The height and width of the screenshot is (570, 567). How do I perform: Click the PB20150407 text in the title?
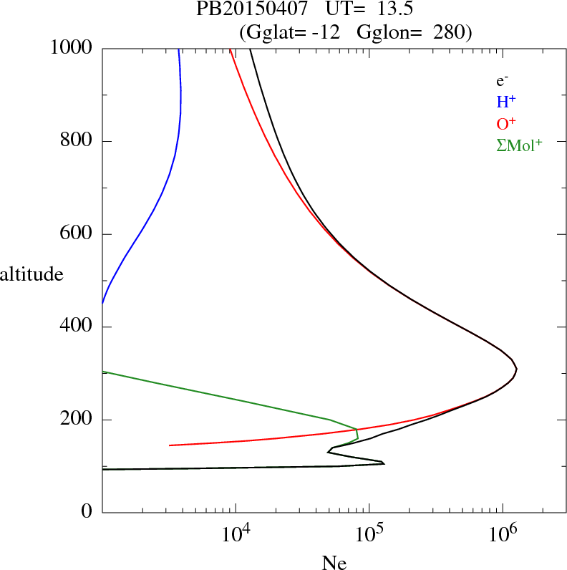(x=240, y=10)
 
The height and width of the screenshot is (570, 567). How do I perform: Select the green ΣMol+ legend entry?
(x=519, y=144)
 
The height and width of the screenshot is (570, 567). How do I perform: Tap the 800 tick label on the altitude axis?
(x=77, y=141)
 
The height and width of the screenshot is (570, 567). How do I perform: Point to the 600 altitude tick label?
(x=77, y=234)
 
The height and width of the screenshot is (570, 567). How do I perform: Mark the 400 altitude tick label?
(x=77, y=327)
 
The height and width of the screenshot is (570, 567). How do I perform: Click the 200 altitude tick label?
(x=77, y=420)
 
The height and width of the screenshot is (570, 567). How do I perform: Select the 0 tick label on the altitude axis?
(x=87, y=513)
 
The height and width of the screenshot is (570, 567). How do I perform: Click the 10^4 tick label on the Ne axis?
(x=236, y=533)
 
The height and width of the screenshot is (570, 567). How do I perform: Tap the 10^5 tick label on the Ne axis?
(x=369, y=533)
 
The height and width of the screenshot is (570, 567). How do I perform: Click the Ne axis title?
(x=334, y=562)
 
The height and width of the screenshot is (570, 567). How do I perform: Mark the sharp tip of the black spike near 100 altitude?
(x=384, y=463)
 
